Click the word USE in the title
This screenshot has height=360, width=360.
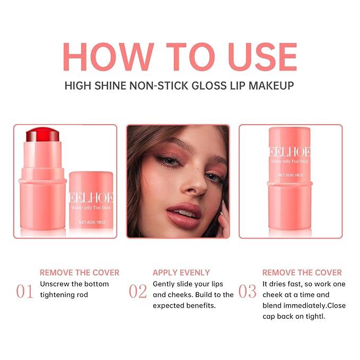[x=262, y=57]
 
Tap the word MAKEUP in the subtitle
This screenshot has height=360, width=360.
[x=271, y=86]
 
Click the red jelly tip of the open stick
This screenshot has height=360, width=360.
[x=42, y=134]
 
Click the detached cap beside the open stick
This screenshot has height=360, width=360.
[x=91, y=200]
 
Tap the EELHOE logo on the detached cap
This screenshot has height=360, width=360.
[x=91, y=198]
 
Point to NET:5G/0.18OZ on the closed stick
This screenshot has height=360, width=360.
[x=290, y=175]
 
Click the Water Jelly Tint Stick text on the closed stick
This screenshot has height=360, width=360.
[x=289, y=161]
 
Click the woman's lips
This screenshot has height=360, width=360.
[x=183, y=215]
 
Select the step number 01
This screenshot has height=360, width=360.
[x=25, y=291]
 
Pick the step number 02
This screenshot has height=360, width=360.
[x=138, y=291]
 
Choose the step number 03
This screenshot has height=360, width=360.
[x=247, y=291]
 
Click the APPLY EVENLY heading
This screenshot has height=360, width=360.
[x=181, y=273]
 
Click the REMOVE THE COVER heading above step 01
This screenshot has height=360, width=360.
[x=80, y=273]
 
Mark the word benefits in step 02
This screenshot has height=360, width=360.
[x=201, y=305]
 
